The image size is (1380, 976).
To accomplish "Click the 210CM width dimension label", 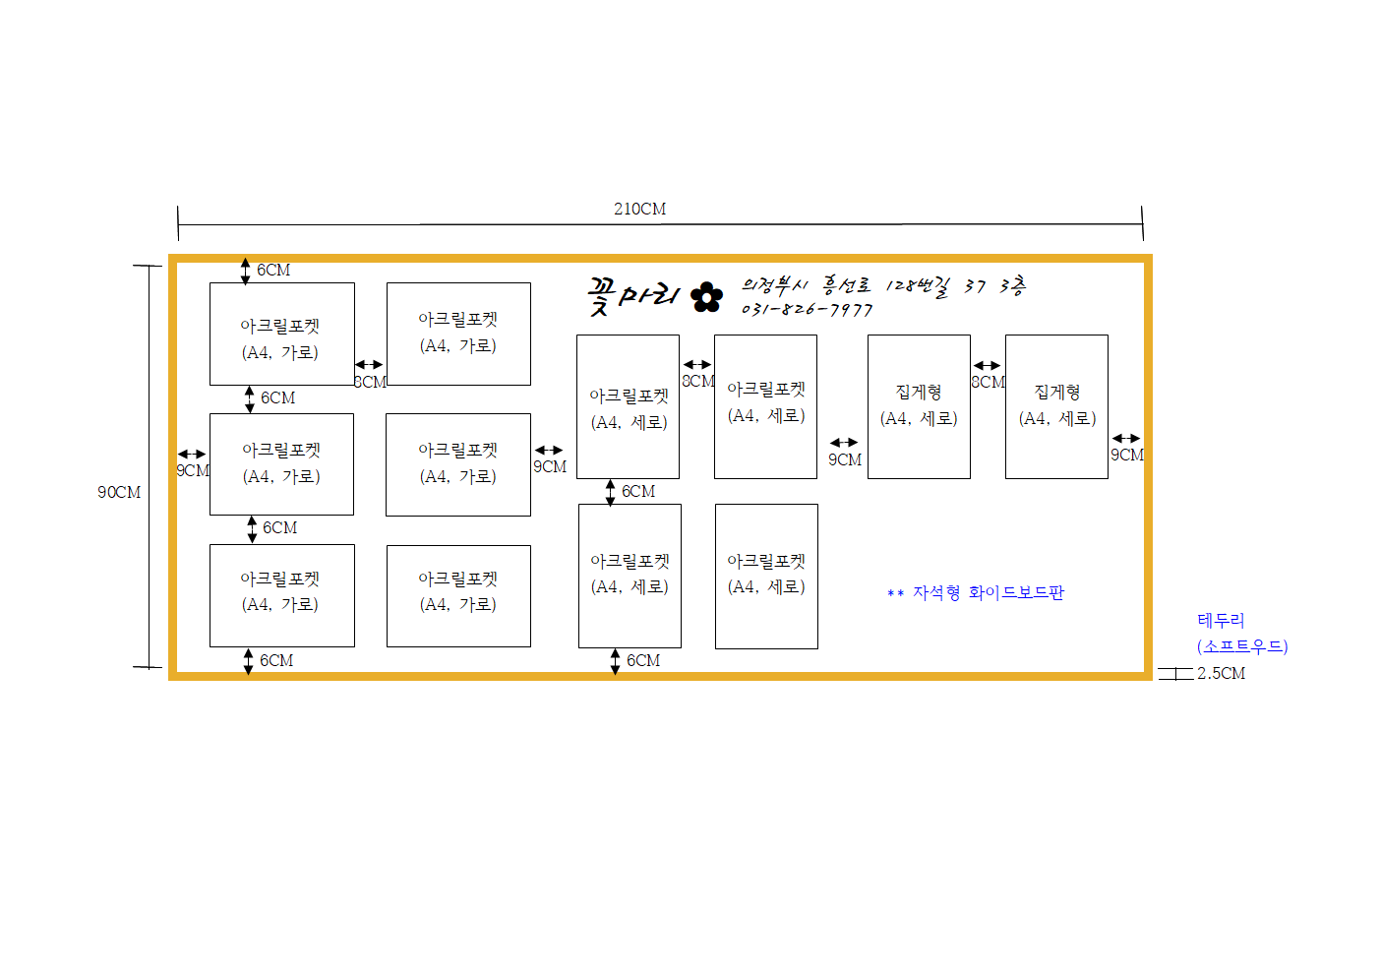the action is [639, 209].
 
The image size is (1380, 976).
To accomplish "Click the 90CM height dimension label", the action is [119, 492].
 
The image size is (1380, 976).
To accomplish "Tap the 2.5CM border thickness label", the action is [1221, 674].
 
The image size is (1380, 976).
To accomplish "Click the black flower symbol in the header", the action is [706, 297].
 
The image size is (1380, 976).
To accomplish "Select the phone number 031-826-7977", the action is [808, 309].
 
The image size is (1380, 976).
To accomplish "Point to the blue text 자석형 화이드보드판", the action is [989, 592].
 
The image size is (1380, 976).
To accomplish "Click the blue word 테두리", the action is [1221, 621].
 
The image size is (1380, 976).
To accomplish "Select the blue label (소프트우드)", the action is [1242, 646].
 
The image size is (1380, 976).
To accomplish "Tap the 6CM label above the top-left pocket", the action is [272, 270].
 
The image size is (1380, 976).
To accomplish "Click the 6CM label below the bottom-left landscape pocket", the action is [276, 660].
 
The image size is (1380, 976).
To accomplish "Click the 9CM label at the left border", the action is [193, 470].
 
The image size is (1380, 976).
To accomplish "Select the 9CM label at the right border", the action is [1127, 455].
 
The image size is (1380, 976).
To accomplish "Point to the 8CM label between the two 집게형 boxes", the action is [988, 382].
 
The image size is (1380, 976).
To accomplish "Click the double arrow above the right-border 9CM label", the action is [1126, 438].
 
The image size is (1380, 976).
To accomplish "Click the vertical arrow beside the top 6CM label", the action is [245, 272].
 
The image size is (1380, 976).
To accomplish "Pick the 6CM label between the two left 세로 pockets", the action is [638, 491].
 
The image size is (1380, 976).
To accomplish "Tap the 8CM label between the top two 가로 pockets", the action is [370, 382].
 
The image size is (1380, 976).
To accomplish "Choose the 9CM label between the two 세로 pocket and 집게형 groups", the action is [845, 459].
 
